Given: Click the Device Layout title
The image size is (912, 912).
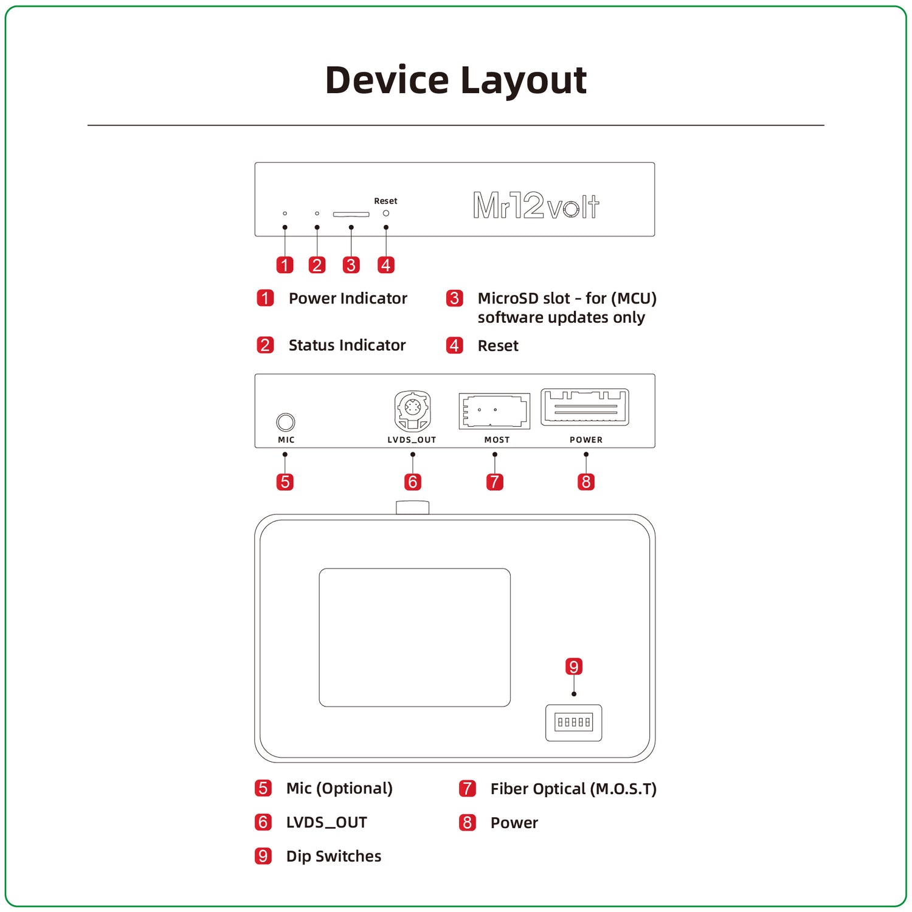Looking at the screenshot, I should pos(455,80).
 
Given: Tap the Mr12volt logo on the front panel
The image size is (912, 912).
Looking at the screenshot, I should pos(536,206).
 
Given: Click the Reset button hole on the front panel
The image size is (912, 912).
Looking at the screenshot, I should pos(385,213).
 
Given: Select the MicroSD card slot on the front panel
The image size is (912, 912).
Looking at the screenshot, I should pos(351,214).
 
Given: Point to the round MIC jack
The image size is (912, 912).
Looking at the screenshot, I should pos(285,422).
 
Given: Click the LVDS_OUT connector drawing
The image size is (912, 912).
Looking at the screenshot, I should pos(412,411).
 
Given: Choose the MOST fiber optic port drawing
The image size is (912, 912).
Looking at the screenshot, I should pos(494,411).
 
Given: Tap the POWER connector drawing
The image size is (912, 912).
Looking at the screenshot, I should pos(585,407).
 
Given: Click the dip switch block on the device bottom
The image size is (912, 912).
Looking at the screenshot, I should pos(573,722).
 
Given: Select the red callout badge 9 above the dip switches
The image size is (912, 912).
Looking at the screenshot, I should pos(573,666).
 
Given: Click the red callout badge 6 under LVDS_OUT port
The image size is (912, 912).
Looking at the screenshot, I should pos(412,482).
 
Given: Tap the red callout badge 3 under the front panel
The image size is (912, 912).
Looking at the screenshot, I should pos(351,265).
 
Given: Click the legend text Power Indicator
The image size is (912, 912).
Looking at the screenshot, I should pos(347,299).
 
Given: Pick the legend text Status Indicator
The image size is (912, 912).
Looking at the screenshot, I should pos(347,345).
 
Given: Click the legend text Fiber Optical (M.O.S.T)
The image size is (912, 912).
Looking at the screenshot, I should pos(573,789).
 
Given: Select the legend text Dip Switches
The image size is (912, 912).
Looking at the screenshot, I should pos(333,856).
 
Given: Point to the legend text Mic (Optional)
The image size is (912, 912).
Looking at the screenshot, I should pos(339,789).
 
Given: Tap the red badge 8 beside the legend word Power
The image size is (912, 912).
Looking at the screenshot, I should pos(467,823).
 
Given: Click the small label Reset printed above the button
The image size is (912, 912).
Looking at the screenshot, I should pos(385,201).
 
